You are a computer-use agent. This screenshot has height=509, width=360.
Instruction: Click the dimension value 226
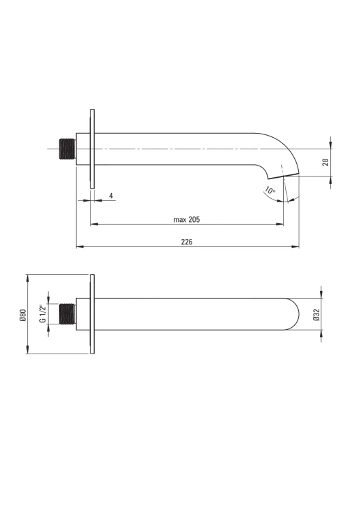(x=187, y=242)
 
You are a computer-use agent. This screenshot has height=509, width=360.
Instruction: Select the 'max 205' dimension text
(x=187, y=220)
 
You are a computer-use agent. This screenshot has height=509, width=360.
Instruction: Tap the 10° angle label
(x=270, y=190)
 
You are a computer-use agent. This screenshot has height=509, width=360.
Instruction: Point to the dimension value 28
(x=326, y=162)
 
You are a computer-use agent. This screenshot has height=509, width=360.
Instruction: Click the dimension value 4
(x=111, y=195)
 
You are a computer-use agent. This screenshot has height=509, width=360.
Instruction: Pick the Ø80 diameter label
(x=22, y=315)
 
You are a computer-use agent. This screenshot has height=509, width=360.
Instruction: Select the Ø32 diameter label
(x=317, y=314)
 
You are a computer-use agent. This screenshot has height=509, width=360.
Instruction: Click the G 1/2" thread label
(x=42, y=314)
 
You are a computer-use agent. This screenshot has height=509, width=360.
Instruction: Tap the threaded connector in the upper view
(x=67, y=149)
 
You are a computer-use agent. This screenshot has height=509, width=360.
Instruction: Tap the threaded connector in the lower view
(x=67, y=314)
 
